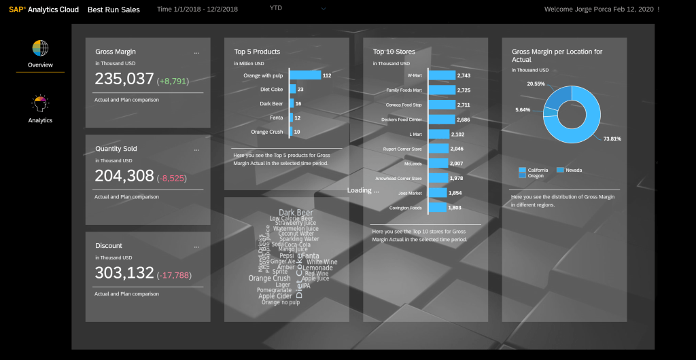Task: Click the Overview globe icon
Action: click(x=40, y=49)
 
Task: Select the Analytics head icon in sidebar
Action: click(x=40, y=104)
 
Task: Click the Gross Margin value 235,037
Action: click(x=124, y=79)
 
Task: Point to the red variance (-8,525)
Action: click(x=171, y=179)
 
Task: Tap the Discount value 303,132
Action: click(x=124, y=273)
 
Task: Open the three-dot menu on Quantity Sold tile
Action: click(x=196, y=149)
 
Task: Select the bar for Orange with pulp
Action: click(x=305, y=75)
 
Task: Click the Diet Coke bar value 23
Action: click(x=300, y=90)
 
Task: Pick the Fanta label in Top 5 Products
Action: click(x=275, y=118)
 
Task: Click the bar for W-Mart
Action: click(x=441, y=75)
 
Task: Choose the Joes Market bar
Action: click(x=437, y=193)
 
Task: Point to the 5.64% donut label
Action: click(x=523, y=110)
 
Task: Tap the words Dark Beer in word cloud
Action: click(x=296, y=213)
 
